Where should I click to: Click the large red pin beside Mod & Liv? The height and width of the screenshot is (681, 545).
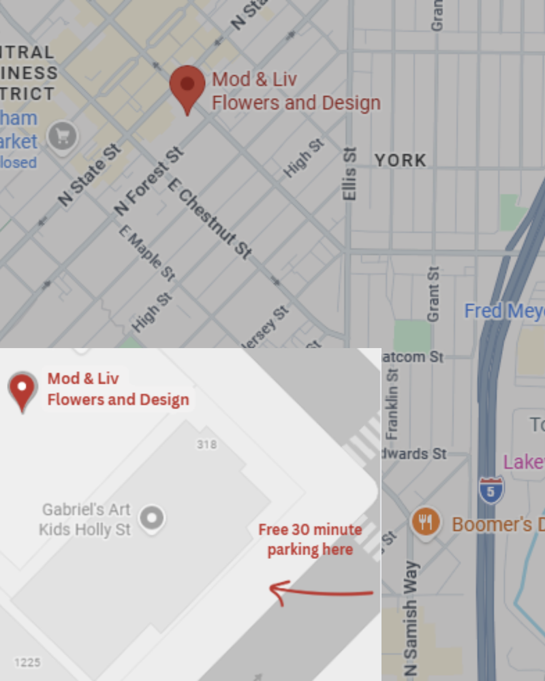click(187, 87)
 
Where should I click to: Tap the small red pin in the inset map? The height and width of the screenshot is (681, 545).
click(22, 390)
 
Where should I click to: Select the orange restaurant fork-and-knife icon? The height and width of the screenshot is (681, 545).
click(426, 523)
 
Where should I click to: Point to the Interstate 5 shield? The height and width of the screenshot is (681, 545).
click(490, 490)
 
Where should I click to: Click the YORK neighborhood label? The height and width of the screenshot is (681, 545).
click(401, 161)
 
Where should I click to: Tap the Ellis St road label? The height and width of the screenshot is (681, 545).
click(350, 174)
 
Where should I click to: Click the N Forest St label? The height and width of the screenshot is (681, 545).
click(150, 181)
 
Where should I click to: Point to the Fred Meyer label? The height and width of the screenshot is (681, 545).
click(504, 311)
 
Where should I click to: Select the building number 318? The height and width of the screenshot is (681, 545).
click(206, 445)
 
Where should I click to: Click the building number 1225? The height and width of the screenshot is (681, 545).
click(27, 662)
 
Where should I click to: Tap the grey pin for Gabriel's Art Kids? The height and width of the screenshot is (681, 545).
click(151, 519)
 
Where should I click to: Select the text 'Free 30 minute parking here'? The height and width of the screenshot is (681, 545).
click(310, 539)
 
